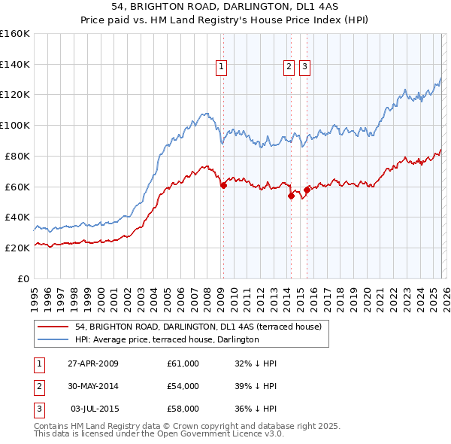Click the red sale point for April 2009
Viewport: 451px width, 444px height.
tap(223, 185)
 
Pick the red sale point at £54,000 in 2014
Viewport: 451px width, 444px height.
tap(291, 196)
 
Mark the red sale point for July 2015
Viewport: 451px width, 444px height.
tap(307, 190)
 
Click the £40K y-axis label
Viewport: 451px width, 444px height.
tap(17, 217)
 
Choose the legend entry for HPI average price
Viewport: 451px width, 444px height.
tap(167, 339)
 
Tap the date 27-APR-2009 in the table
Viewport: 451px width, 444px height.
tap(93, 363)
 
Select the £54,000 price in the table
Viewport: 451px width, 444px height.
tap(183, 386)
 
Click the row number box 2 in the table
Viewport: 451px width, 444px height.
tap(38, 386)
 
